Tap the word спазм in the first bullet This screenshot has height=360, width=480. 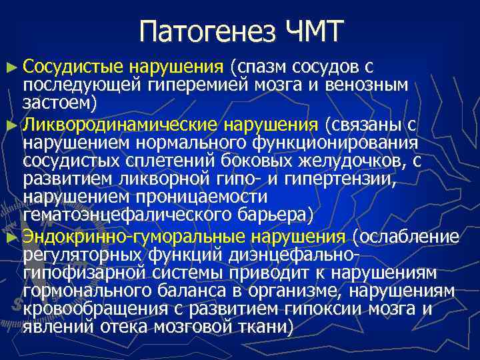pyautogui.click(x=264, y=67)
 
